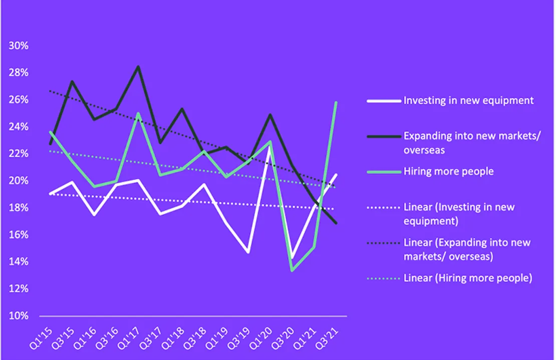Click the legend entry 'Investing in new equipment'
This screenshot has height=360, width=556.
[468, 100]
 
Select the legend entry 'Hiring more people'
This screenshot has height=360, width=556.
[448, 171]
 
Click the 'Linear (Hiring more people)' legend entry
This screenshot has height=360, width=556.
[467, 278]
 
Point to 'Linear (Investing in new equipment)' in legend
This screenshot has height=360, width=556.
[459, 213]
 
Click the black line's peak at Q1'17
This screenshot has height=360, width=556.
[138, 67]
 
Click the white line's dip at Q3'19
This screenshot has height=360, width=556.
[248, 252]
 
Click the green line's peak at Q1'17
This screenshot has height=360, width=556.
[138, 113]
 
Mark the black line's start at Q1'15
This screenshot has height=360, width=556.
[51, 144]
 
